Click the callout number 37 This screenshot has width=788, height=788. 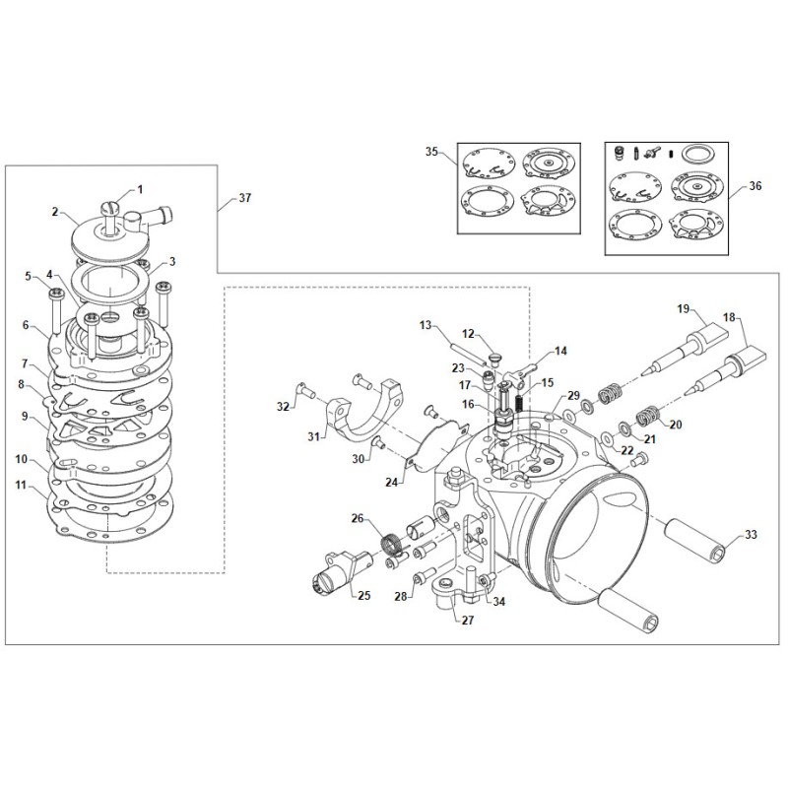[x=245, y=198]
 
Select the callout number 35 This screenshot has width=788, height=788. [x=431, y=152]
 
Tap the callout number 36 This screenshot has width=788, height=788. [x=755, y=185]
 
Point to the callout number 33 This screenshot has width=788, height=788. [x=751, y=536]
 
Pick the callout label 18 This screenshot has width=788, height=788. [x=729, y=318]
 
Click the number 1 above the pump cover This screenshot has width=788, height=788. [x=139, y=187]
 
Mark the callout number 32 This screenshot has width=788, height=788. [x=283, y=405]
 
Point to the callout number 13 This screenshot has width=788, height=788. [x=426, y=324]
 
